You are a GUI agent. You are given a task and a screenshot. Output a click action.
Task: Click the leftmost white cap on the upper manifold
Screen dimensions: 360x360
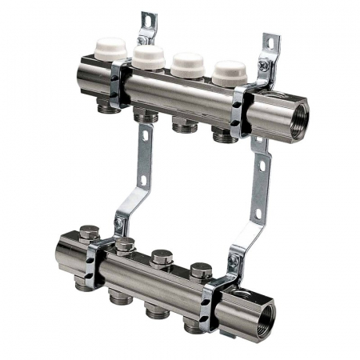point(110,47)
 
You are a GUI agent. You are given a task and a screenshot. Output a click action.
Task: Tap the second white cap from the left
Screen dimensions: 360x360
point(149,55)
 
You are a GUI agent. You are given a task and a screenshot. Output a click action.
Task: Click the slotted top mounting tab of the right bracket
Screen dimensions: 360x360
point(271,46)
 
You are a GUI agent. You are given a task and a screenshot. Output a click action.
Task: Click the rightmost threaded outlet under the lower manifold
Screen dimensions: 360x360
point(193,325)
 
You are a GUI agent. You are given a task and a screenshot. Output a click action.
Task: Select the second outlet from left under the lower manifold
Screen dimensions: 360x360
point(120,298)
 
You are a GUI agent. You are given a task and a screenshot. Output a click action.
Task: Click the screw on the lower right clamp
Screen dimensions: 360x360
point(234,261)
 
